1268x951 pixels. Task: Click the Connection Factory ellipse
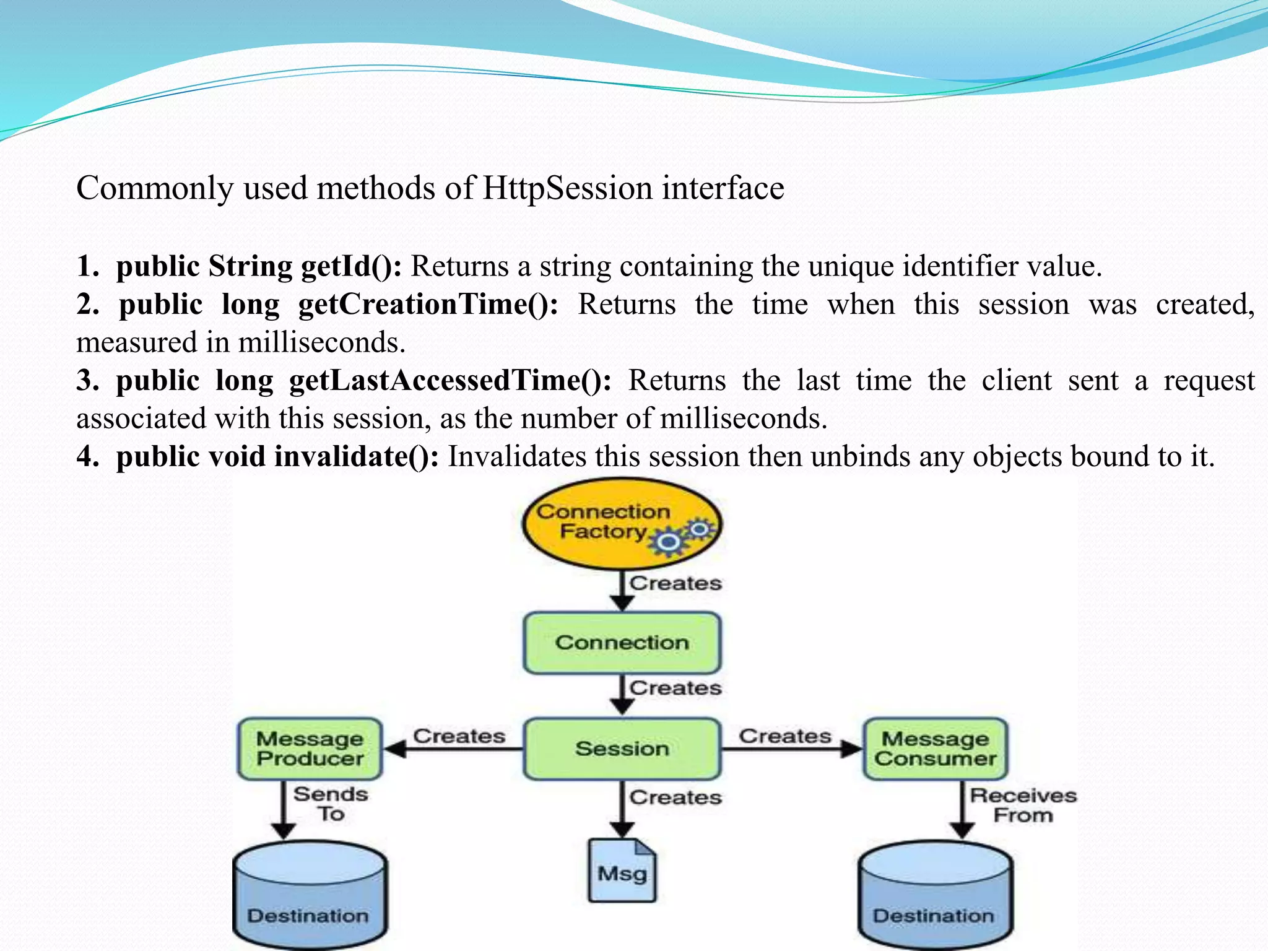click(594, 523)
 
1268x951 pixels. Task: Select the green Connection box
click(622, 643)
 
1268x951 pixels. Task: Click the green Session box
click(622, 749)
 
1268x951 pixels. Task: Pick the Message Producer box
click(310, 749)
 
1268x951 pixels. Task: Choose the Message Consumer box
click(935, 749)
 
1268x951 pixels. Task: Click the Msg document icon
click(622, 871)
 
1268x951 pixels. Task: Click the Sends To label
click(331, 804)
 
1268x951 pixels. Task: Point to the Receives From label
click(1023, 805)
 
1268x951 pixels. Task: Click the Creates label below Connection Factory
click(675, 583)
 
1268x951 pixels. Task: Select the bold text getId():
click(351, 266)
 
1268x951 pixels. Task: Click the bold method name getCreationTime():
click(428, 305)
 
